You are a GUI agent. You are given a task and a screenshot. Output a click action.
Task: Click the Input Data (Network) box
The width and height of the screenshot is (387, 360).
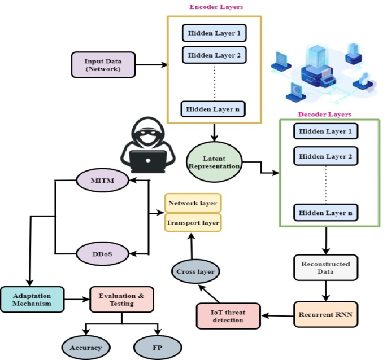point(102,64)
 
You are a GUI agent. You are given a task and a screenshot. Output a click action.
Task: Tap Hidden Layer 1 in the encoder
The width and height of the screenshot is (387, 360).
point(214,33)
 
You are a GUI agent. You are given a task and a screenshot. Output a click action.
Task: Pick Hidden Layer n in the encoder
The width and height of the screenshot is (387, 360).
point(214,109)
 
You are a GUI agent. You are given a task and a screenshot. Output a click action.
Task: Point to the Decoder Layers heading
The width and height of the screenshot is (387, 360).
point(324,114)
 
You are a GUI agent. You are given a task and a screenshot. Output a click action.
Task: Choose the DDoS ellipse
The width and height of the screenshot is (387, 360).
point(102,253)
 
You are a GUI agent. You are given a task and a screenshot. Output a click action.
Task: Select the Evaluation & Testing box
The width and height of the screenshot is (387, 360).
point(121,299)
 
